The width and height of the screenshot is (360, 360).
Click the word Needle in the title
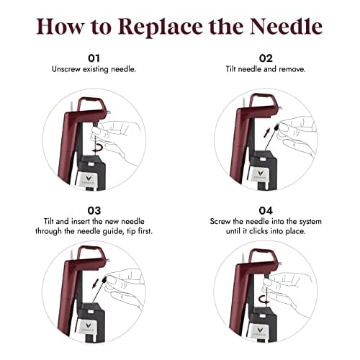click(x=286, y=26)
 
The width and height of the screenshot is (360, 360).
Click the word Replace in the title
click(x=161, y=27)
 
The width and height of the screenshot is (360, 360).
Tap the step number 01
click(x=94, y=58)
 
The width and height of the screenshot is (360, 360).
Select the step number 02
click(x=266, y=58)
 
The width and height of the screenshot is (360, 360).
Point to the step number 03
click(x=94, y=210)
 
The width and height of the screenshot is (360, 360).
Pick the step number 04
click(x=266, y=210)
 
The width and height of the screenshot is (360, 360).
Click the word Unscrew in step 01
click(x=66, y=69)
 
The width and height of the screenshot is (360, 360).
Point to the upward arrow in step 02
click(x=267, y=132)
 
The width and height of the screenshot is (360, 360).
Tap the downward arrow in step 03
click(x=96, y=283)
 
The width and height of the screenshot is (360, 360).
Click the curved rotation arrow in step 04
click(x=264, y=300)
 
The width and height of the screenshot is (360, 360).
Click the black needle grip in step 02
click(x=276, y=127)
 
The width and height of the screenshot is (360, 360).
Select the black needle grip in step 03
click(x=104, y=280)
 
